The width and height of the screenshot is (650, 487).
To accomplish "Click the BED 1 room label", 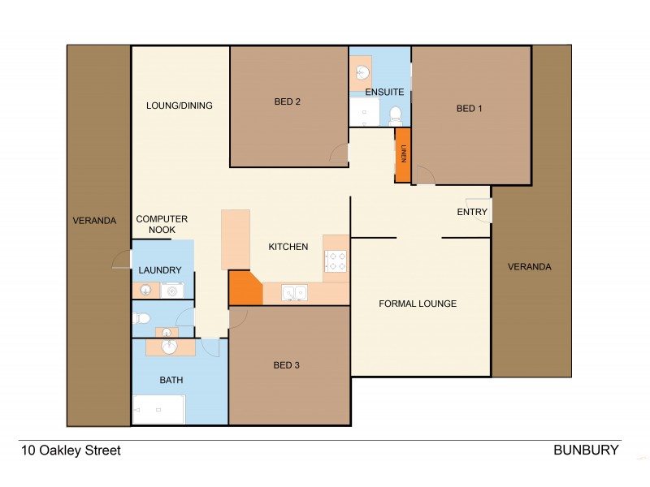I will tap(470, 108).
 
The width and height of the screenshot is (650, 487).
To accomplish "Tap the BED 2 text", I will tap(287, 101).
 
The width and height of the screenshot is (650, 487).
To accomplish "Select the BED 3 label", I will tap(287, 365).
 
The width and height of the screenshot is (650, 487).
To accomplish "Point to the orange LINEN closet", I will tap(402, 154).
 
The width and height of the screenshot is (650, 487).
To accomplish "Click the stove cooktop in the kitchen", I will tap(336, 261).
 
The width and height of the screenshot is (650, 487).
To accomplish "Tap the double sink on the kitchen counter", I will tap(293, 292).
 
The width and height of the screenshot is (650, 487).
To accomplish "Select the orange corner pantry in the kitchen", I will tap(243, 288).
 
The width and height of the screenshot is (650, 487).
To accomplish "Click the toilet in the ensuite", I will tap(396, 114).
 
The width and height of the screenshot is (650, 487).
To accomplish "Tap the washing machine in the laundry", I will tap(172, 291).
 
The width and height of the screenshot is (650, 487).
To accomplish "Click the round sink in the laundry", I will tap(145, 291).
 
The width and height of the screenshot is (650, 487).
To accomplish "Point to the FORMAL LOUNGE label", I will tap(418, 304).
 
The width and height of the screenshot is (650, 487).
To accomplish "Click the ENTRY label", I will tap(472, 212).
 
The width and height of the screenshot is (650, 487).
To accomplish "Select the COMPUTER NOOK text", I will tap(162, 224).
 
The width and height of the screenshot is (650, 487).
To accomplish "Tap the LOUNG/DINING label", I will tap(180, 105).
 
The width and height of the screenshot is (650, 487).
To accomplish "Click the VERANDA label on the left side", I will tap(95, 220).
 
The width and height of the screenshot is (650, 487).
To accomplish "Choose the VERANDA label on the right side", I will tap(530, 266).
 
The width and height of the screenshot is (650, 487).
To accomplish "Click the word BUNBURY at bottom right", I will tap(586, 450).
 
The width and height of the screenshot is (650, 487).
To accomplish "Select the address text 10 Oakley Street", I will tap(71, 450).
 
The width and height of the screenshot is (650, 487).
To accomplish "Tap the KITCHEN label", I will tap(288, 247).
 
